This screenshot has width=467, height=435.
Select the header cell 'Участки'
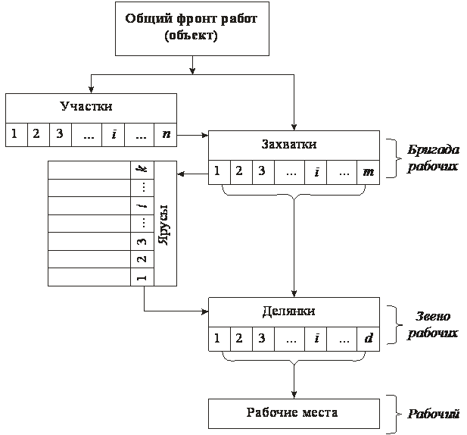pos(91,106)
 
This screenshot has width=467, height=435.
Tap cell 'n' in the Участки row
pos(165,135)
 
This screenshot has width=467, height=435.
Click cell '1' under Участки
pos(14,135)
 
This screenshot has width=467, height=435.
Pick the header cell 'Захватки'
pos(294,144)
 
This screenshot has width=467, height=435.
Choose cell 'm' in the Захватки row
pos(369,171)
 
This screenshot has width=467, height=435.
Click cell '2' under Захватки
pos(238,171)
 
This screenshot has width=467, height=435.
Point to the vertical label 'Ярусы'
pos(164,224)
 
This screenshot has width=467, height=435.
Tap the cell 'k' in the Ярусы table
pos(140,170)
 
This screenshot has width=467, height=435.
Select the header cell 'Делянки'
pos(294,311)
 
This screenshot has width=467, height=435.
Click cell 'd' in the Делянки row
pos(369,338)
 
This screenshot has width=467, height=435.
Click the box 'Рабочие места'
pos(294,413)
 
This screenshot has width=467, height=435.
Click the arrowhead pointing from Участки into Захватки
pos(204,136)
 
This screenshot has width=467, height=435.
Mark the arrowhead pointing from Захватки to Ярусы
pos(181,174)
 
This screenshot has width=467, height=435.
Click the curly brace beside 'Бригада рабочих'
pos(392,158)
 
